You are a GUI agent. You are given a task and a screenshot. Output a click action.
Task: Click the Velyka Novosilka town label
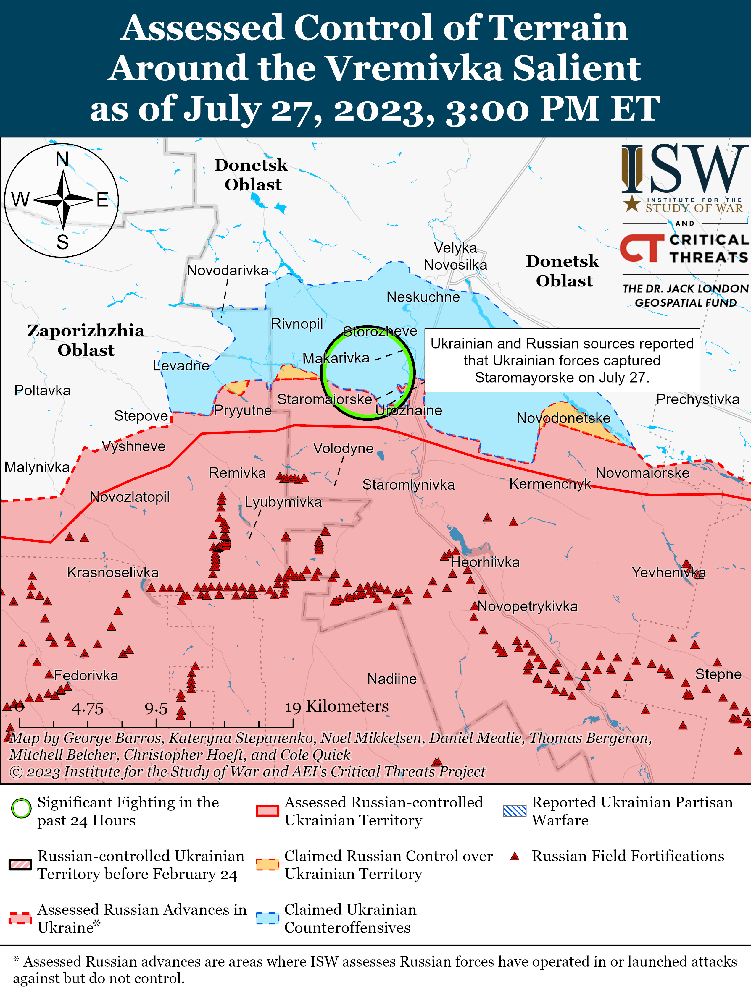455,256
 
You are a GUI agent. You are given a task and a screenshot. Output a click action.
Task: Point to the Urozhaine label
409,410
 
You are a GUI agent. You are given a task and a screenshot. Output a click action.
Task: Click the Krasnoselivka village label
112,572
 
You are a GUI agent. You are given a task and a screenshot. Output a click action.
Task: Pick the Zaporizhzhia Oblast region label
86,340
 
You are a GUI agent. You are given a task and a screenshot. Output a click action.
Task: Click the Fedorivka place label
86,675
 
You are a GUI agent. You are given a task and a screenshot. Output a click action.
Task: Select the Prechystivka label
697,399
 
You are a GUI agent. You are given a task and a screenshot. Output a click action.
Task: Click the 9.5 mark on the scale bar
156,709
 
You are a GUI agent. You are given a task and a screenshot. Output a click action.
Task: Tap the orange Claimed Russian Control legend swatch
267,864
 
